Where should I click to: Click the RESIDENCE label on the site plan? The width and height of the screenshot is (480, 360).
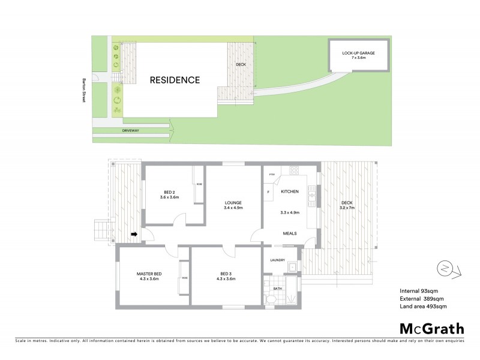pos(175,80)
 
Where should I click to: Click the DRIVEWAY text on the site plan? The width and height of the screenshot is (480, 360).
pos(130,130)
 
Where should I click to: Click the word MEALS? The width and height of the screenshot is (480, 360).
pos(290,234)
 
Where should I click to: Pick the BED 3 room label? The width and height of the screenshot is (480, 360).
pos(224,274)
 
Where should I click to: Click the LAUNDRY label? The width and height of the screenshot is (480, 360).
pos(277,260)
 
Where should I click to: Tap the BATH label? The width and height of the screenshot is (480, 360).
pos(277,289)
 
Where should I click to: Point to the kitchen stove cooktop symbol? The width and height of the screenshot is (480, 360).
pos(295,171)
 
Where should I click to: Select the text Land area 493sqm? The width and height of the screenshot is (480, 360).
pos(423,307)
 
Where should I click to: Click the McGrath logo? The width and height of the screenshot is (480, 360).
pos(431,328)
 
